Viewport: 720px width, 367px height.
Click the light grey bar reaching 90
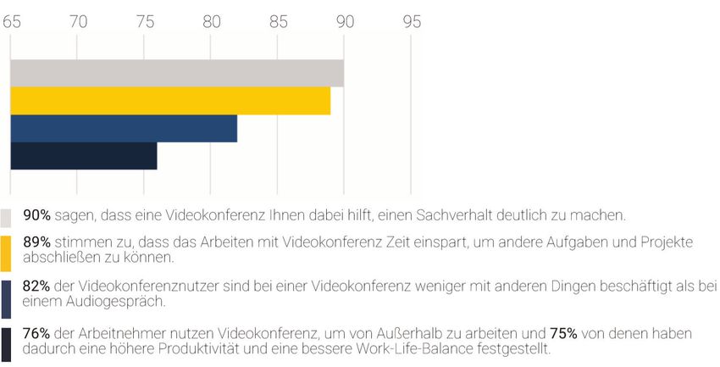pyautogui.click(x=177, y=73)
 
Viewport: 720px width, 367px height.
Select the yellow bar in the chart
pyautogui.click(x=170, y=101)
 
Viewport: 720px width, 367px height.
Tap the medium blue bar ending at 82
pyautogui.click(x=124, y=128)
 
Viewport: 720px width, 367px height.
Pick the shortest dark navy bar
pyautogui.click(x=83, y=156)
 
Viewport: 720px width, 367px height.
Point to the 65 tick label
pyautogui.click(x=11, y=24)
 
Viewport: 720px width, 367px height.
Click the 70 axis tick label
pyautogui.click(x=78, y=24)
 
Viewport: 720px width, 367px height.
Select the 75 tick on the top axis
pyautogui.click(x=144, y=24)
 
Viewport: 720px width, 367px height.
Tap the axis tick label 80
pyautogui.click(x=212, y=24)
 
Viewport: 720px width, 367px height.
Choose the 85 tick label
pyautogui.click(x=278, y=24)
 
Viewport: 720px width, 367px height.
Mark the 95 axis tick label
pyautogui.click(x=412, y=24)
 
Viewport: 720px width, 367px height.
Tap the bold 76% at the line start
pyautogui.click(x=36, y=333)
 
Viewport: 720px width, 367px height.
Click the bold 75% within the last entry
pyautogui.click(x=565, y=333)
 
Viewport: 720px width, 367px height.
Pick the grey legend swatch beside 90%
pyautogui.click(x=6, y=216)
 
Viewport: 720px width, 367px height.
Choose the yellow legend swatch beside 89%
pyautogui.click(x=6, y=252)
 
